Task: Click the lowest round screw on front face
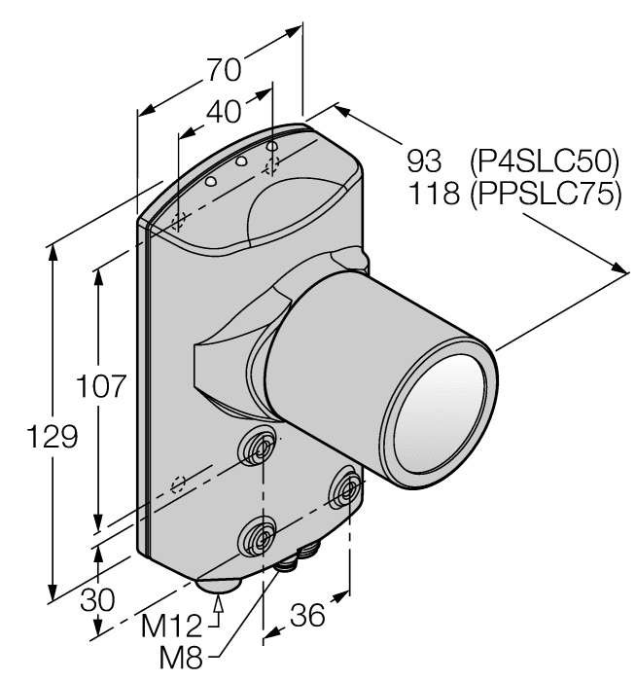(x=259, y=534)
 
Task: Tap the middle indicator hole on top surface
(x=240, y=162)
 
